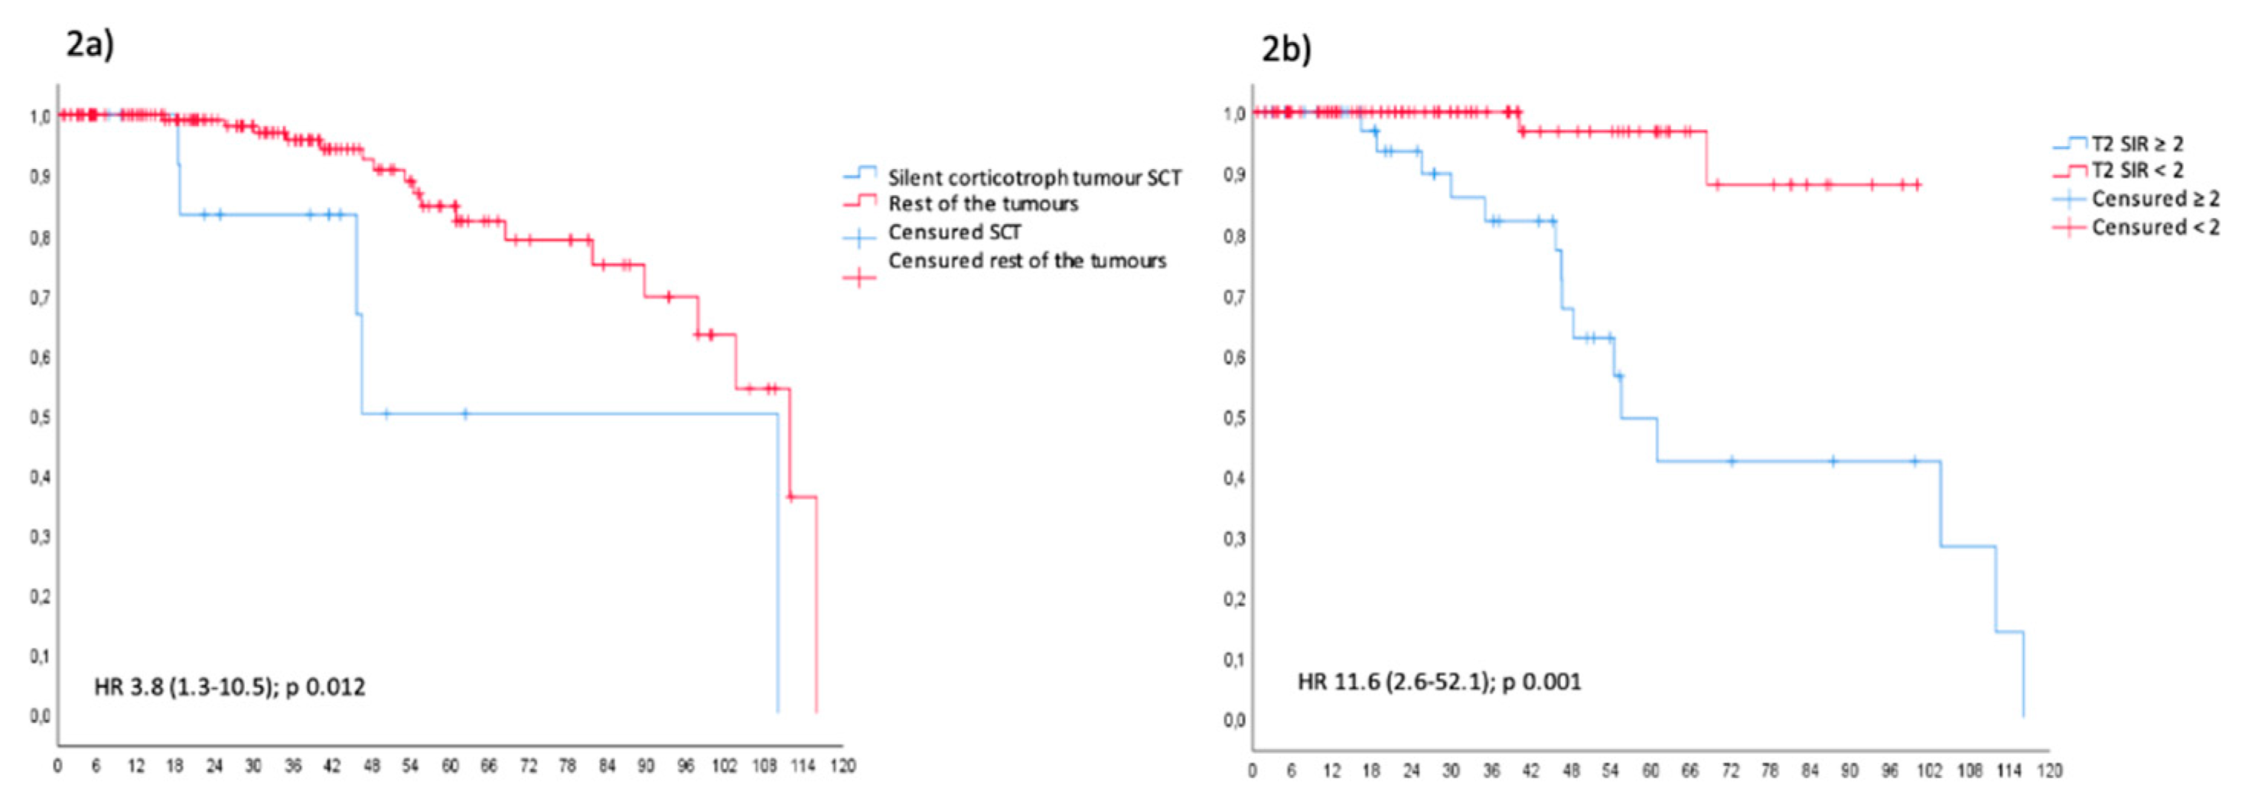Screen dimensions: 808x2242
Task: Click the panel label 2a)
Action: (90, 44)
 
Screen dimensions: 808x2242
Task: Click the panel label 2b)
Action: (1286, 49)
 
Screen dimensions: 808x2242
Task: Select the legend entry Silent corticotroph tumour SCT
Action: (1033, 177)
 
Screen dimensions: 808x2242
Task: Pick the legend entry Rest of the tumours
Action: (983, 203)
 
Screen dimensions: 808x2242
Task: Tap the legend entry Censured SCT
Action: (954, 232)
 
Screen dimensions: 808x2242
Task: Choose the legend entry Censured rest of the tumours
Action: (1026, 261)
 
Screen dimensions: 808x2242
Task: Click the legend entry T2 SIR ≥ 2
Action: (2136, 144)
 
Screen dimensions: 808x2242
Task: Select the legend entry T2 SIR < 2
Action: (2136, 170)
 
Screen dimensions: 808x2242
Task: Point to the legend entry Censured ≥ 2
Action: (2154, 200)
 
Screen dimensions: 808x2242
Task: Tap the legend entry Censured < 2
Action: (2154, 227)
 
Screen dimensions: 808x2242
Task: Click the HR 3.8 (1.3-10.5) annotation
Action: (229, 687)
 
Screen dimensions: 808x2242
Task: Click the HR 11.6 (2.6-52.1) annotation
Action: (1439, 681)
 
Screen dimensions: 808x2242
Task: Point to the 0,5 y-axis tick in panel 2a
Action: (39, 417)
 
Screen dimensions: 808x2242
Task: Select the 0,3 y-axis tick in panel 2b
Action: (1233, 538)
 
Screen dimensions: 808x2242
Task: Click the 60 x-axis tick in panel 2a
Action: (449, 766)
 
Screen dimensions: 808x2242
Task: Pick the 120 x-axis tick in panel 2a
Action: (842, 766)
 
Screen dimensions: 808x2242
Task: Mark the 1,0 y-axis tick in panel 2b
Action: (1233, 114)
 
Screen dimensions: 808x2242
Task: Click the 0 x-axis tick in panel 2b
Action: (1253, 771)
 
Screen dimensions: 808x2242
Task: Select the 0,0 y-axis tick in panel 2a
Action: (39, 716)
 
